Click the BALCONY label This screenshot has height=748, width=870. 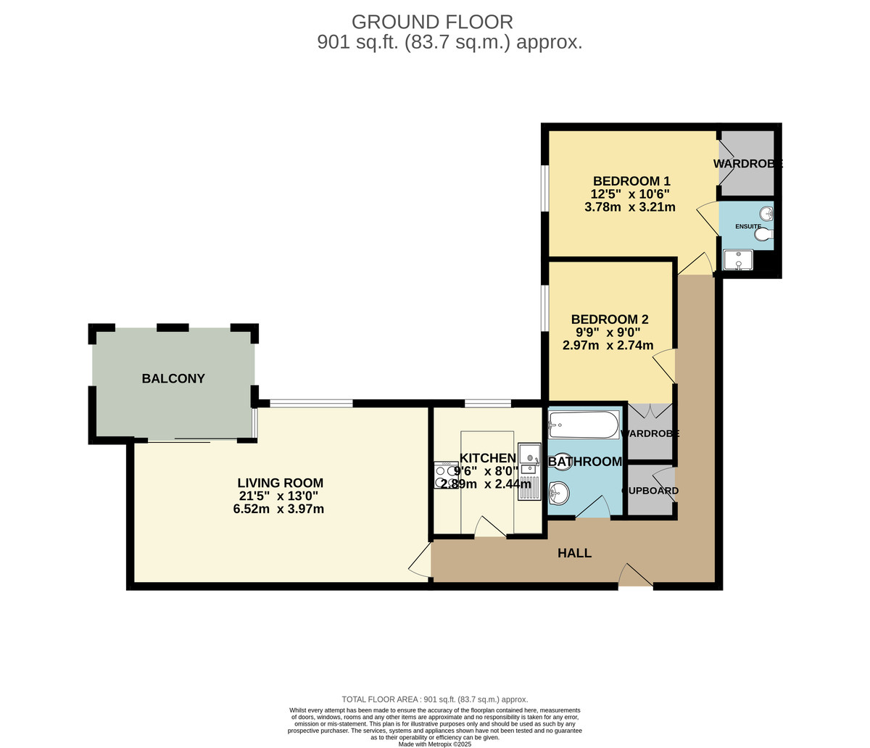coord(173,378)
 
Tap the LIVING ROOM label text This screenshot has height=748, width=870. coord(281,483)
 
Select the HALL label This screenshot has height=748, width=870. coord(574,553)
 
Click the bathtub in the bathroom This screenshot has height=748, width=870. coord(584,425)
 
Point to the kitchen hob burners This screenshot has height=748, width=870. coord(443,475)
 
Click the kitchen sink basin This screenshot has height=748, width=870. coord(529,458)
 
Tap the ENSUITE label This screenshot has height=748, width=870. coord(748,226)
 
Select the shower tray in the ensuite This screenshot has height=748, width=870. coord(738,260)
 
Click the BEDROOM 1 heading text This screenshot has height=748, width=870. coord(631,181)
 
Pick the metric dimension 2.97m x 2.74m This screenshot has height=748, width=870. coord(608,346)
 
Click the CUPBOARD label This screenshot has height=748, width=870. coord(650,491)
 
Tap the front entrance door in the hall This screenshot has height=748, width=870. coord(635,576)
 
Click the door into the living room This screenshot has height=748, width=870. coord(420,561)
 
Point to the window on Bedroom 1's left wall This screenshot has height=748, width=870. coord(544,188)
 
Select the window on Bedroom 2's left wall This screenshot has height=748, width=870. coord(544,308)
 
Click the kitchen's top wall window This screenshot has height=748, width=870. coord(487,403)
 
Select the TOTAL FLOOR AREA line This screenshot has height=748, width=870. coord(435,699)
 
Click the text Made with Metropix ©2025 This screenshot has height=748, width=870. coord(435,744)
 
